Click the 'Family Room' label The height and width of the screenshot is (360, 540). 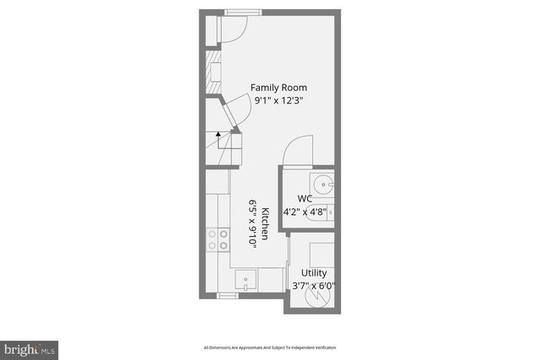coord(278,88)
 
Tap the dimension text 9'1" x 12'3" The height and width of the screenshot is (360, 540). coord(278,100)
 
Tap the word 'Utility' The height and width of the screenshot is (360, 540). coord(314,273)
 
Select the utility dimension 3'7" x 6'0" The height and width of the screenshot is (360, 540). coord(313,286)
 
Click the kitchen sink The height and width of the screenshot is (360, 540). coord(245,278)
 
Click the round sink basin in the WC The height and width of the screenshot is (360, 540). coord(323,183)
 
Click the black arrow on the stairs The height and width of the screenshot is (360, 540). coord(218,132)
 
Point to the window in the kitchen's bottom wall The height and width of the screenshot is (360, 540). coord(228,296)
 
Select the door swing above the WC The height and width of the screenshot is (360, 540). coord(297,152)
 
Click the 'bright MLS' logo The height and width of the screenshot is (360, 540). coord(30,347)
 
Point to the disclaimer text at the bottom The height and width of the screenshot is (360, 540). coord(270,347)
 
